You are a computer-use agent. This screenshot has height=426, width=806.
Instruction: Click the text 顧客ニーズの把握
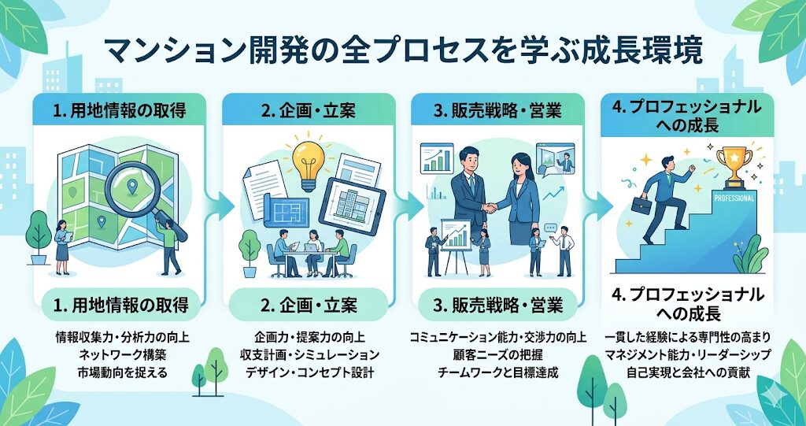tap(497, 355)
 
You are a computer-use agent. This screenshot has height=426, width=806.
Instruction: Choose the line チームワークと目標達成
tap(497, 372)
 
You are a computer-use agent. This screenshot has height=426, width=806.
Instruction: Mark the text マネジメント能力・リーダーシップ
tap(690, 355)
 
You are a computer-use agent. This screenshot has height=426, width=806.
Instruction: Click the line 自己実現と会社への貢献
tap(690, 372)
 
